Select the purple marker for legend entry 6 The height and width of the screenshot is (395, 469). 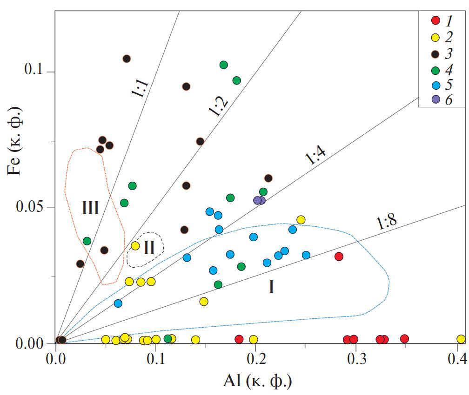click(435, 99)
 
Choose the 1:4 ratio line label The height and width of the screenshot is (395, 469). click(315, 156)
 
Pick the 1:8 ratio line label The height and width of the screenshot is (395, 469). click(387, 224)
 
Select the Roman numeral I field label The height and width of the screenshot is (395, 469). click(271, 288)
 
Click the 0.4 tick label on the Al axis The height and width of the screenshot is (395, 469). click(457, 360)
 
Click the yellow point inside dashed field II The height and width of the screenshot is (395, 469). click(135, 245)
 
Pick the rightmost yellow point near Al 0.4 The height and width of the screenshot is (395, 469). click(461, 339)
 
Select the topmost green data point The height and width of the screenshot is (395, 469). click(223, 65)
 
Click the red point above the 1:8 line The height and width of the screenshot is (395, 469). click(339, 256)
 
